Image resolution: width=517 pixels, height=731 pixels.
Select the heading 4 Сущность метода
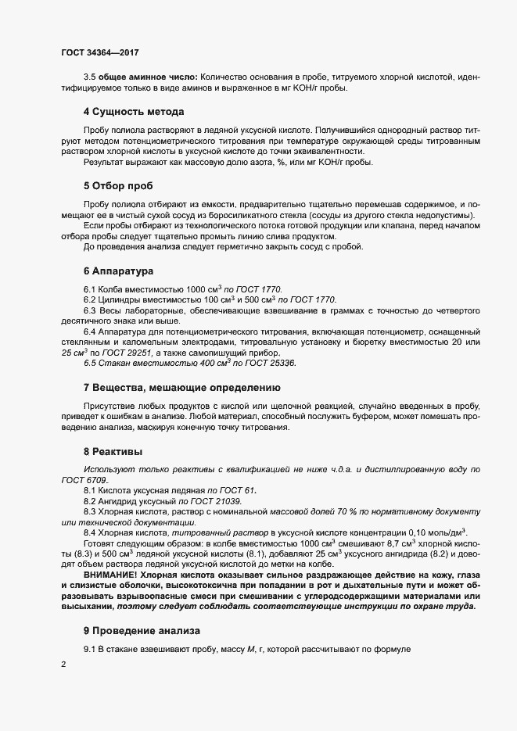134,111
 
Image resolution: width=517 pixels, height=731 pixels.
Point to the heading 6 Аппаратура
118,271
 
